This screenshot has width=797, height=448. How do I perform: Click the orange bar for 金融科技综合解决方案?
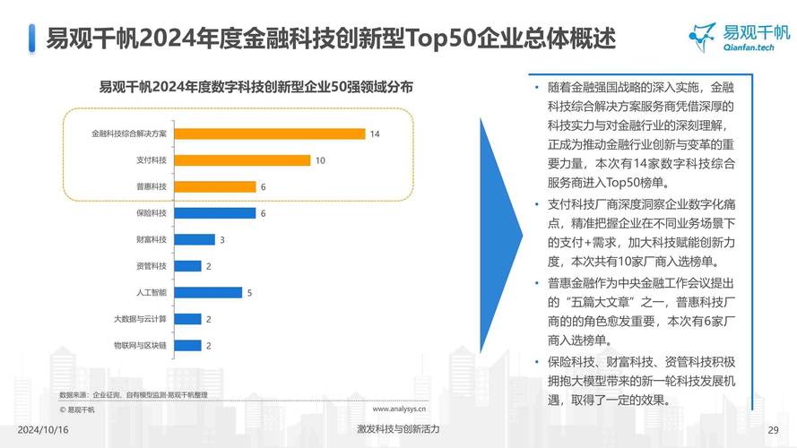coord(270,134)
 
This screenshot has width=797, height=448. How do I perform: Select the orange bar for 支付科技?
coord(243,160)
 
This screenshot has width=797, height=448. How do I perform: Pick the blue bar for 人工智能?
coord(209,292)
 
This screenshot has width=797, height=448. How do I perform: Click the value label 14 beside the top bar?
coord(375,134)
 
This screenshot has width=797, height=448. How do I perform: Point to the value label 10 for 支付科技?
coord(320,160)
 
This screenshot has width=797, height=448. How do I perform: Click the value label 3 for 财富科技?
coord(221,239)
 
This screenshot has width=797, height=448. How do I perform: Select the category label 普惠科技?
coord(151,186)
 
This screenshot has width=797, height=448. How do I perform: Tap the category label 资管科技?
coord(151,266)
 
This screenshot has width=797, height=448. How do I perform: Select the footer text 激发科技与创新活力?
coord(398,429)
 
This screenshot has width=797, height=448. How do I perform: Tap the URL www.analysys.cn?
coord(399,409)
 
